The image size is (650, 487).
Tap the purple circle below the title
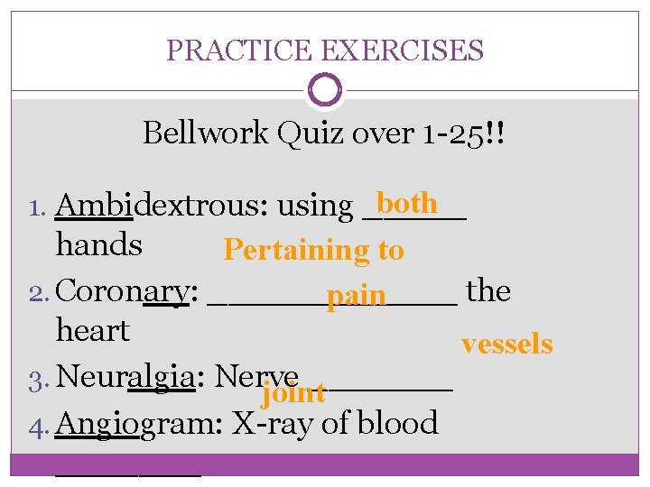point(324,90)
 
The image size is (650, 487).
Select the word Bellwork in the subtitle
point(206,133)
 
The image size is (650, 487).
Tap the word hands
point(99,245)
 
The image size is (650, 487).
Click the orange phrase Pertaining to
point(313,250)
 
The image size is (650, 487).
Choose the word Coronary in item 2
point(124,292)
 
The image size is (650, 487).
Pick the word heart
point(92,331)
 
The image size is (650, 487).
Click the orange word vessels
point(506,344)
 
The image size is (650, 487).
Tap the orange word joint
point(292,392)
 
